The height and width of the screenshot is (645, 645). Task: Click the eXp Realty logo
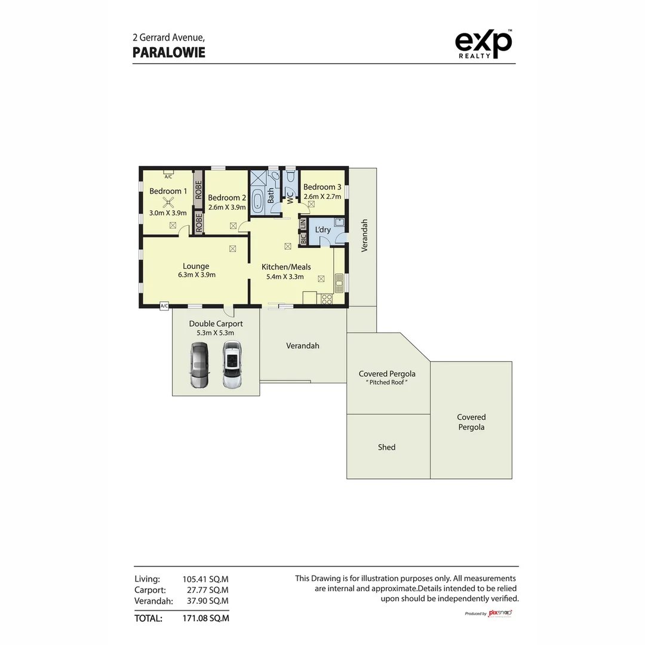[x=483, y=44]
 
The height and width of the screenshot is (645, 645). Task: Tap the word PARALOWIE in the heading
[x=168, y=53]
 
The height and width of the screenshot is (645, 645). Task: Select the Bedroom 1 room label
[x=168, y=191]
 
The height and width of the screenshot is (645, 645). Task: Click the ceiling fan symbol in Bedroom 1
[x=169, y=202]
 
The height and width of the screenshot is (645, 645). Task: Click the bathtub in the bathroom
[x=258, y=201]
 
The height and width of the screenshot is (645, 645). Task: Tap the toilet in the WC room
[x=290, y=177]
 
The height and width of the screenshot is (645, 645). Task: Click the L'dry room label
[x=322, y=230]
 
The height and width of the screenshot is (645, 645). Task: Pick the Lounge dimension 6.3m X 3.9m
[x=196, y=275]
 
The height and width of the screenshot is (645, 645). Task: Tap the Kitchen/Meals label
[x=286, y=267]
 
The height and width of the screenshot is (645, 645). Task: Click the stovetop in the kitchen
[x=327, y=299]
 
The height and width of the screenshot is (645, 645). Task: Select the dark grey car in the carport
[x=199, y=365]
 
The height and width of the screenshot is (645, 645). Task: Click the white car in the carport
[x=232, y=365]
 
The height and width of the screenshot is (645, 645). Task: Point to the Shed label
[x=386, y=447]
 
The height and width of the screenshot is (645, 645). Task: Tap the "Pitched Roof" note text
[x=386, y=382]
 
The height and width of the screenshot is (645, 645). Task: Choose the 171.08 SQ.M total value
[x=205, y=618]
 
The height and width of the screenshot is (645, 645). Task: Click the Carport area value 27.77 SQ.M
[x=205, y=590]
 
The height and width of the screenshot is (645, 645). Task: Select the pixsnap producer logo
[x=500, y=613]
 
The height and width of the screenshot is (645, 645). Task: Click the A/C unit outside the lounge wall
[x=164, y=306]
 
